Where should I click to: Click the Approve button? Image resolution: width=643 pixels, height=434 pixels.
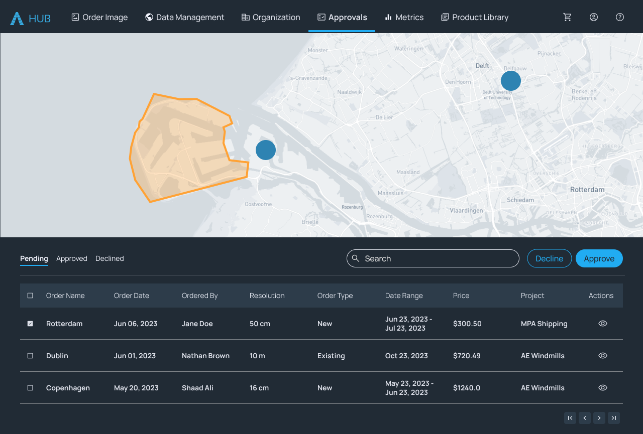(x=599, y=258)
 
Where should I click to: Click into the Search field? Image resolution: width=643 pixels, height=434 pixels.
(x=433, y=258)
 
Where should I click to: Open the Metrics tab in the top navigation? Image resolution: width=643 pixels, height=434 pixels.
(x=404, y=17)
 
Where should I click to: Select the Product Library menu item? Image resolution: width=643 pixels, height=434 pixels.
(x=475, y=17)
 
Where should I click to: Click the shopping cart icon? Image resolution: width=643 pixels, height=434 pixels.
(x=568, y=17)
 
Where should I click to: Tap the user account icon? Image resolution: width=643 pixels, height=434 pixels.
(x=594, y=17)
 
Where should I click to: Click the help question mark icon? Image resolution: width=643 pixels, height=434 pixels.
(x=620, y=17)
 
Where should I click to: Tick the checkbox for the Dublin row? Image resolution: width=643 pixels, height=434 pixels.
(x=30, y=356)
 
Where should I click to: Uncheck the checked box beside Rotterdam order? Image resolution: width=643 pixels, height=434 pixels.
(x=30, y=324)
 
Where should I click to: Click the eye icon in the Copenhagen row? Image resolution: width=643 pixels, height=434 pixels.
(x=603, y=388)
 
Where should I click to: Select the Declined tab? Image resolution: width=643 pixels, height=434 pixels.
(x=110, y=258)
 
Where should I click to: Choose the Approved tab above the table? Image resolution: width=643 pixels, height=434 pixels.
(x=72, y=258)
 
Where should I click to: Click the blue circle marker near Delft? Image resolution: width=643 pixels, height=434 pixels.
(x=510, y=81)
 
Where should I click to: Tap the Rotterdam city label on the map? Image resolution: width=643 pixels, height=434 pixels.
(x=587, y=190)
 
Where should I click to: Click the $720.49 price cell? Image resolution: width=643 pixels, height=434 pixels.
(x=467, y=356)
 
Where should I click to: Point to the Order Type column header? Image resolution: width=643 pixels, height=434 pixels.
(x=335, y=296)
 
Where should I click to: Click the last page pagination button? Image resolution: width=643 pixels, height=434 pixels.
(x=613, y=418)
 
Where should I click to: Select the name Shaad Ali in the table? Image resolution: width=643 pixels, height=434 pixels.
(x=197, y=388)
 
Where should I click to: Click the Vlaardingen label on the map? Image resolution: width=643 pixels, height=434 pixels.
(x=466, y=211)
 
